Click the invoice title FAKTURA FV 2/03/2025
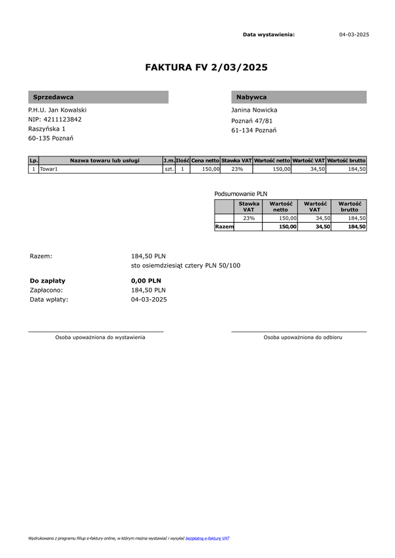[x=206, y=67]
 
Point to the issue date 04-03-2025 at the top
[x=354, y=34]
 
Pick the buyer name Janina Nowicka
[x=254, y=110]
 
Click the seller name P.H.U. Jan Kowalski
[x=57, y=110]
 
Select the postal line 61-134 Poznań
[x=254, y=130]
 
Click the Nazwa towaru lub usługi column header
[x=105, y=160]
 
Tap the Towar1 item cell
[x=49, y=169]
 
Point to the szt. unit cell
[x=169, y=169]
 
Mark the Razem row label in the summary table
[x=224, y=226]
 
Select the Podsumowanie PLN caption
[x=241, y=194]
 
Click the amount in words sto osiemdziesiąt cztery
[x=186, y=266]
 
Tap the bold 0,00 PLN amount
[x=146, y=280]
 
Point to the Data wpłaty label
[x=49, y=299]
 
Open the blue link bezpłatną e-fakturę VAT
[x=207, y=538]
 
